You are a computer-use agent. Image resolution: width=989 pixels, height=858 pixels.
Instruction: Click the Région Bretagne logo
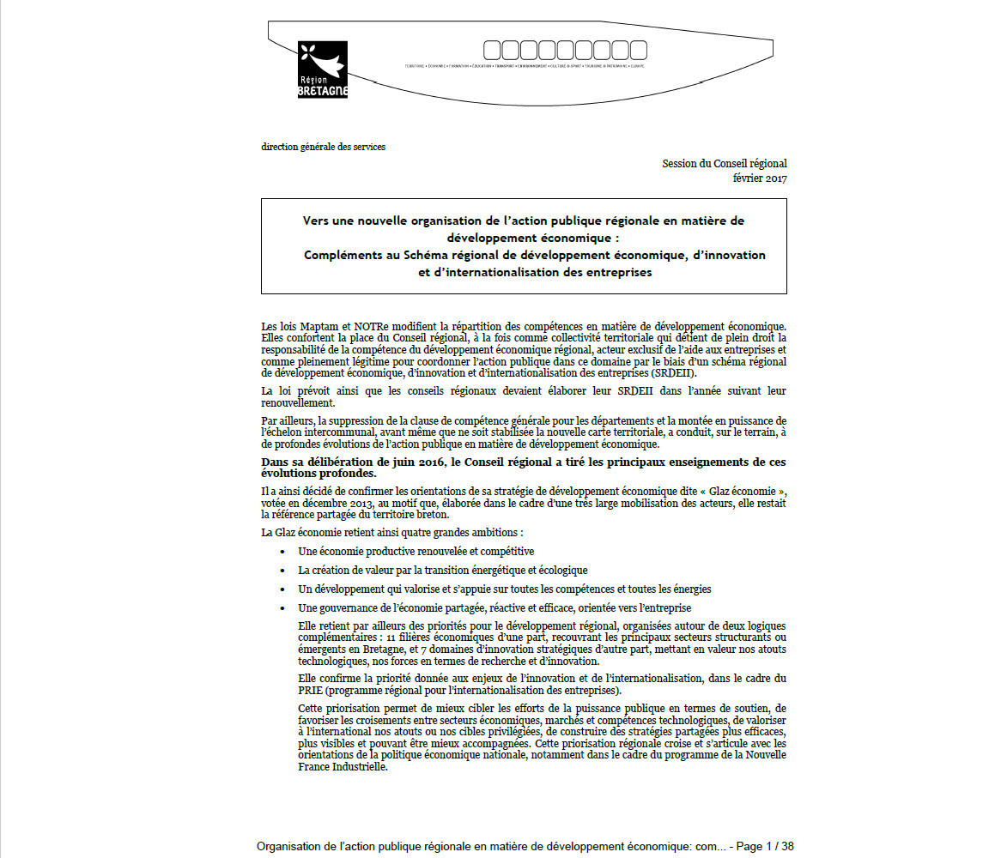tap(322, 69)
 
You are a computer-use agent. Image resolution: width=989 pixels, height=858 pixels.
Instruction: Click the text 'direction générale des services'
tap(323, 147)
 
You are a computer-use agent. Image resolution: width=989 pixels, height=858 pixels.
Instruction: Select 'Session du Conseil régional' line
tap(724, 164)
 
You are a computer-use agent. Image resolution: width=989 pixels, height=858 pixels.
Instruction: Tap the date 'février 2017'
tap(759, 178)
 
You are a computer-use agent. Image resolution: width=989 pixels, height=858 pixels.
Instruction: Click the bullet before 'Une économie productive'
tap(282, 552)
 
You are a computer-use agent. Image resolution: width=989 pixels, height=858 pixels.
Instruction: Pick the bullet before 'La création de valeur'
tap(282, 571)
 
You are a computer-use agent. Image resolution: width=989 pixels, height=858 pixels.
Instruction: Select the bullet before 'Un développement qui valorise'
tap(282, 589)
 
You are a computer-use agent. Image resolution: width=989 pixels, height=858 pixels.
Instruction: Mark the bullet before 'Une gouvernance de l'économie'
tap(282, 608)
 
